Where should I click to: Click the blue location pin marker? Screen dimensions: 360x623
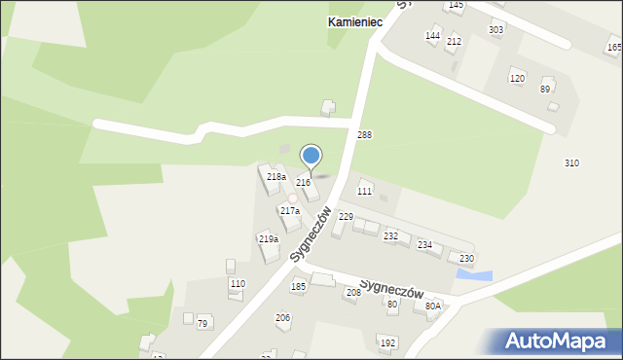tap(311, 156)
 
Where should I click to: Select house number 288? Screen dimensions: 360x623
tap(364, 134)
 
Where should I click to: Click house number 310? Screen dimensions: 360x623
tap(571, 162)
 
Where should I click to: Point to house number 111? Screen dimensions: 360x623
tap(364, 192)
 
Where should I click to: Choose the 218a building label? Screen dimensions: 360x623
tap(276, 177)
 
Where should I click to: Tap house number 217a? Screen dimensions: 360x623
tap(290, 210)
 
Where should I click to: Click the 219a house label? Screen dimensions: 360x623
tap(269, 238)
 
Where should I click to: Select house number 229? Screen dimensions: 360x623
tap(346, 217)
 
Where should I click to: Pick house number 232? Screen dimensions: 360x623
tap(391, 236)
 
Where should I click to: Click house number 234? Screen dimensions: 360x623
tap(424, 244)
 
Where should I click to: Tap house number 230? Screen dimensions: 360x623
tap(466, 258)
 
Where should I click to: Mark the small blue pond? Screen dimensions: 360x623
tap(474, 276)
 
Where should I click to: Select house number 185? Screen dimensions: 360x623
tap(298, 287)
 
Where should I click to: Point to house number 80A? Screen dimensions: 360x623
tap(432, 306)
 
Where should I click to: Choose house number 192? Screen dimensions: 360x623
tap(387, 342)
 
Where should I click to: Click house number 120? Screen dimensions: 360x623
tap(517, 78)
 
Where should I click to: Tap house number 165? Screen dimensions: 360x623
tap(614, 47)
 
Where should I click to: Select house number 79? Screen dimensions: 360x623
tap(202, 323)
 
